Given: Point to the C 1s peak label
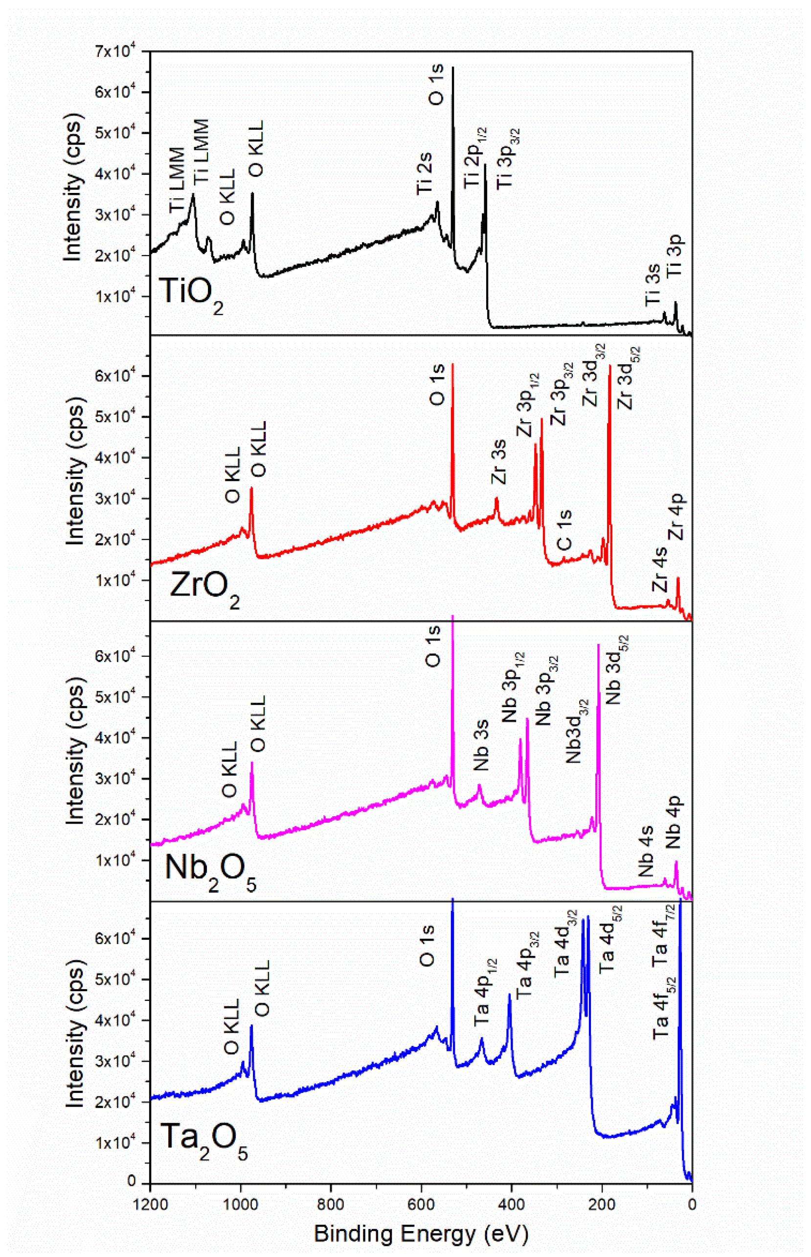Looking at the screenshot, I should tap(564, 529).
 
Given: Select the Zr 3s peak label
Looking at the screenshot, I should tap(498, 461).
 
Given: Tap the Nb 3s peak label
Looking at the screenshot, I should tap(481, 745).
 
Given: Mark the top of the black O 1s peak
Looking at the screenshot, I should tap(453, 67).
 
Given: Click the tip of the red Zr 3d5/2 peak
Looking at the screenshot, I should tap(610, 365).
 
